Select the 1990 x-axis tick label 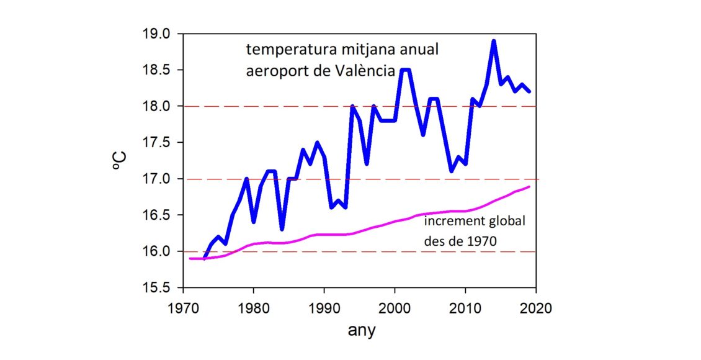pyautogui.click(x=324, y=307)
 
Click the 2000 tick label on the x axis pyautogui.click(x=395, y=307)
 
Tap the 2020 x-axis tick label pyautogui.click(x=535, y=307)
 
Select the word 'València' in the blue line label pyautogui.click(x=364, y=71)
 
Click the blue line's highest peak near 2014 pyautogui.click(x=494, y=41)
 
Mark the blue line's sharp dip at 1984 pyautogui.click(x=282, y=230)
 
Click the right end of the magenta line pyautogui.click(x=529, y=187)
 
